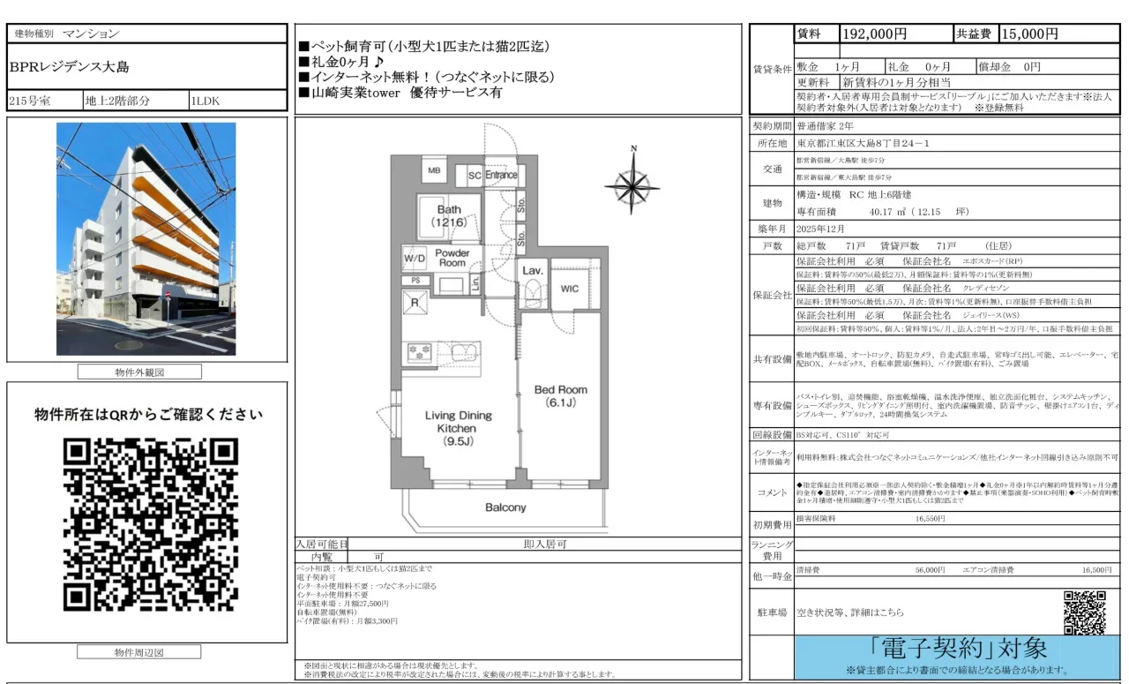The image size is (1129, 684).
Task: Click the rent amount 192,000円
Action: (875, 34)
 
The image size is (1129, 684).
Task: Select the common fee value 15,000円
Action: (1028, 34)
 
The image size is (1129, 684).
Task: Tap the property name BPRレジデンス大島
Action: (69, 67)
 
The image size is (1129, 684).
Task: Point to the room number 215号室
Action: (30, 101)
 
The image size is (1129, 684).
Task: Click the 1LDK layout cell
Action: (206, 101)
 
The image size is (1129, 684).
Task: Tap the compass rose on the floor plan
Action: (632, 183)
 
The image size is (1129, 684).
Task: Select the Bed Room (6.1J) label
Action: (560, 396)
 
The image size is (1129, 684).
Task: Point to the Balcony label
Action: (505, 507)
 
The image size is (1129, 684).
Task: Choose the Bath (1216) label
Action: (449, 216)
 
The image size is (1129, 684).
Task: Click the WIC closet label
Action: (569, 289)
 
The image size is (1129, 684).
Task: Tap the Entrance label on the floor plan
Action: (501, 175)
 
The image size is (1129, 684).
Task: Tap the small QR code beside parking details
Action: (1084, 613)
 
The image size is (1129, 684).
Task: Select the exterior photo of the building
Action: (146, 239)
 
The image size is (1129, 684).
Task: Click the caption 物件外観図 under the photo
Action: (139, 372)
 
